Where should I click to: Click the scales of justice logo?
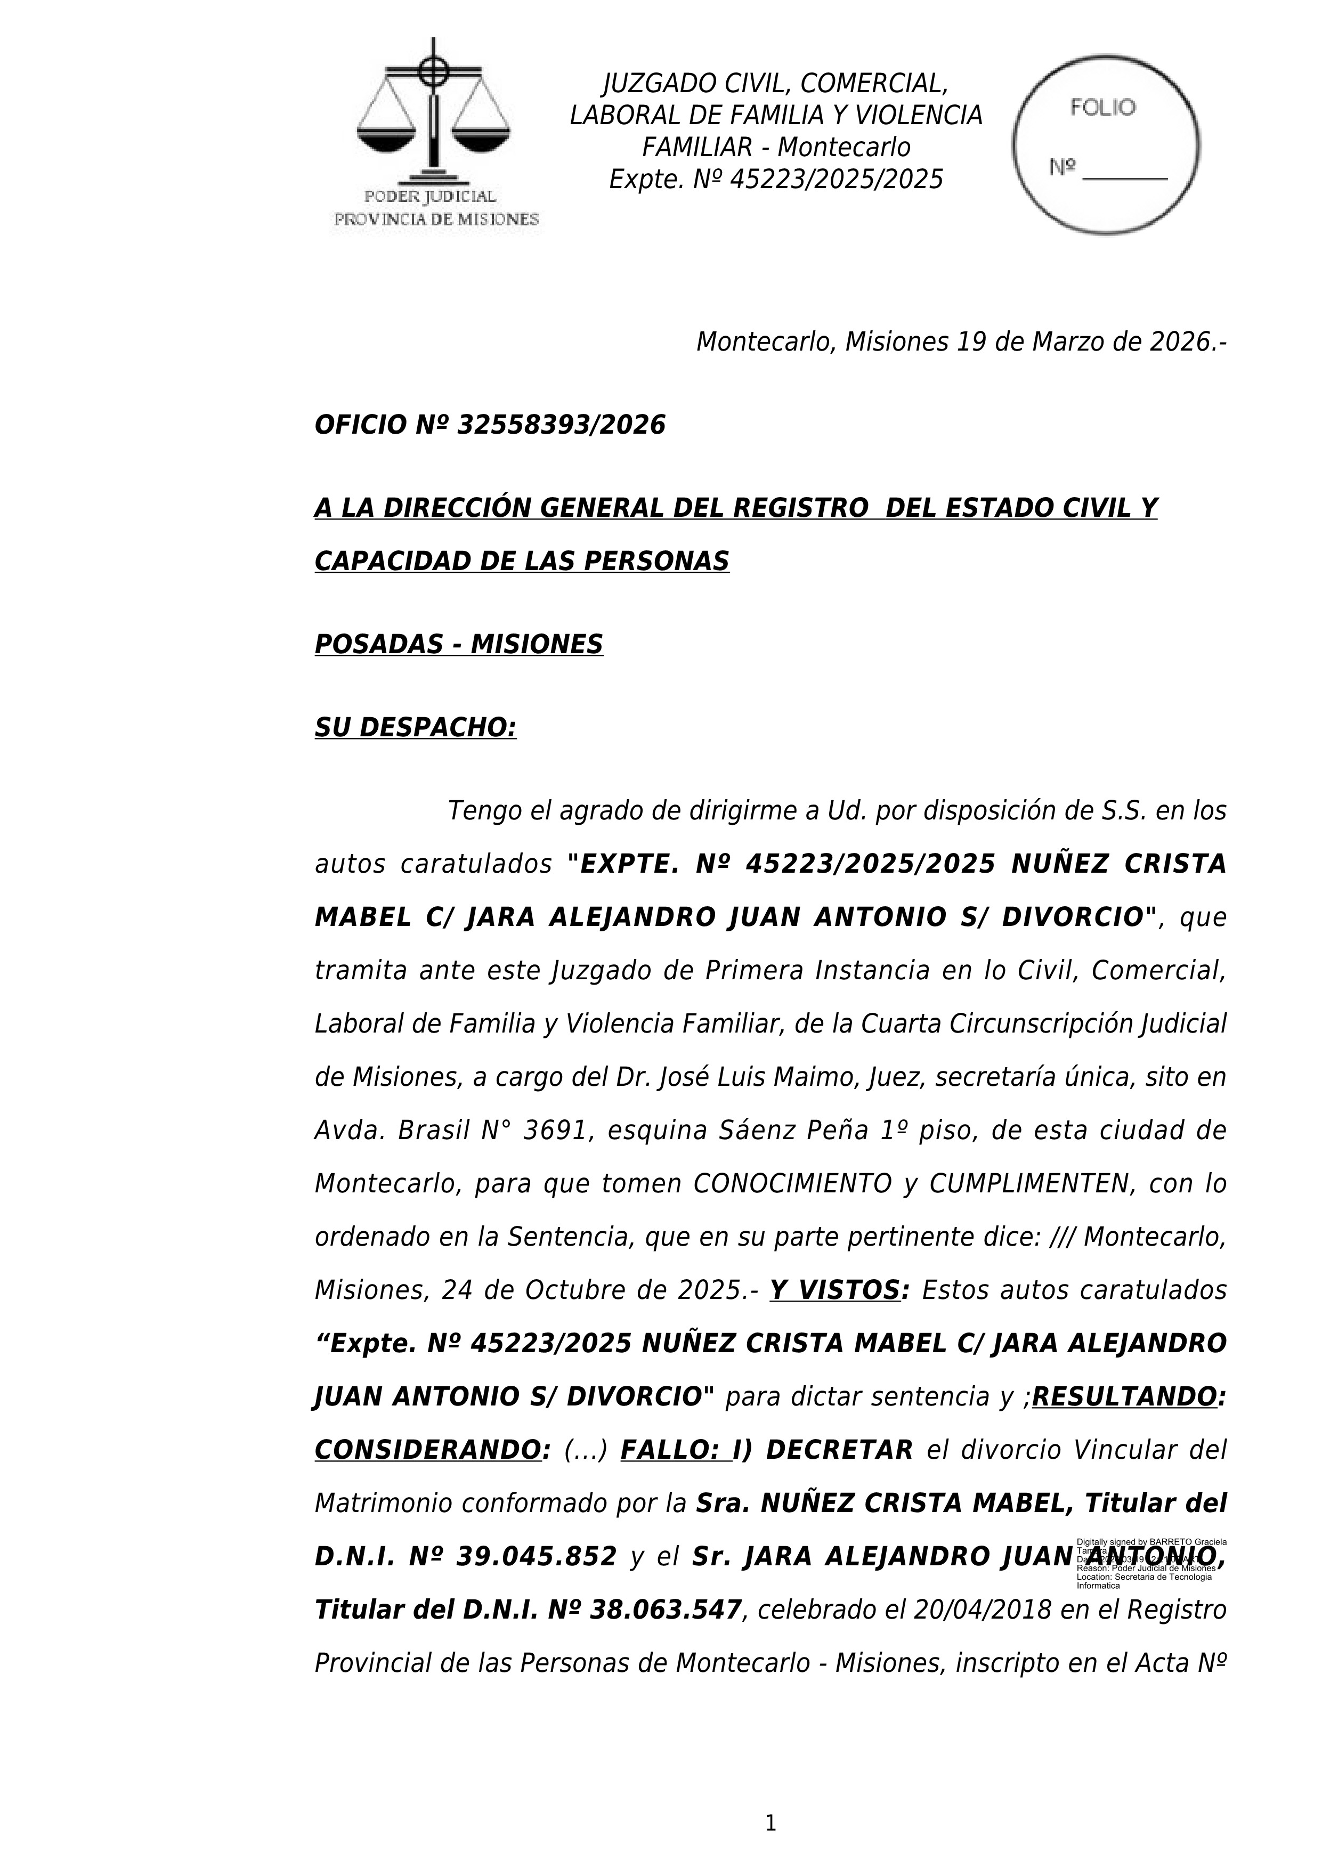pos(433,110)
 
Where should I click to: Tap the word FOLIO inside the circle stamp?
pos(1102,108)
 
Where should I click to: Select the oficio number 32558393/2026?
pos(561,425)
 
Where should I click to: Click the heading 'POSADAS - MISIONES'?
pos(458,644)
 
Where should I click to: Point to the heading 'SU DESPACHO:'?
pos(415,727)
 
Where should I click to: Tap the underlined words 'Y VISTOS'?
pos(835,1290)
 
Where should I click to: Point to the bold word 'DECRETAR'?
pos(839,1450)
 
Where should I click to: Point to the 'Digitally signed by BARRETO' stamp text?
pos(1151,1542)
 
